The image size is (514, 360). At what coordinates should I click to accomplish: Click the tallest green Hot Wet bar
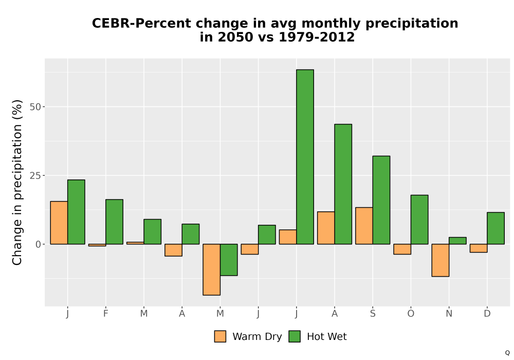pyautogui.click(x=305, y=157)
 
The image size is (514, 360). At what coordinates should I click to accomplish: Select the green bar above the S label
pyautogui.click(x=381, y=200)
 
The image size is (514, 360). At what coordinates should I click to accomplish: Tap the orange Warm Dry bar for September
pyautogui.click(x=364, y=226)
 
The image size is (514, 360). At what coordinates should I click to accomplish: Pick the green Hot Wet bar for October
pyautogui.click(x=419, y=220)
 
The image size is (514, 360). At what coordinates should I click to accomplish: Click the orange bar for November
pyautogui.click(x=440, y=260)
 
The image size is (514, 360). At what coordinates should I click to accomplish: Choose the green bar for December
pyautogui.click(x=495, y=228)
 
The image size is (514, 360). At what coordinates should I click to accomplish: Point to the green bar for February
pyautogui.click(x=115, y=222)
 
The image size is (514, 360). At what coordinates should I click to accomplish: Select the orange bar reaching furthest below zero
pyautogui.click(x=211, y=269)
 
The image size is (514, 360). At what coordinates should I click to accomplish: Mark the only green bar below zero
pyautogui.click(x=229, y=260)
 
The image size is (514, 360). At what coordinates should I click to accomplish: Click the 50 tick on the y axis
pyautogui.click(x=35, y=107)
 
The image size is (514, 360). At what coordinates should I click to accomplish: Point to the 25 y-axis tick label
pyautogui.click(x=35, y=176)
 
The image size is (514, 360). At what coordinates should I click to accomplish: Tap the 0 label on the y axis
pyautogui.click(x=39, y=244)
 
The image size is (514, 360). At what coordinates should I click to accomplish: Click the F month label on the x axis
pyautogui.click(x=105, y=314)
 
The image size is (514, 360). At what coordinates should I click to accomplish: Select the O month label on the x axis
pyautogui.click(x=411, y=314)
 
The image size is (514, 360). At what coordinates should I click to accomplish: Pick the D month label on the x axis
pyautogui.click(x=487, y=314)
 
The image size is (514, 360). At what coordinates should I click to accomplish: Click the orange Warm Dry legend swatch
pyautogui.click(x=220, y=336)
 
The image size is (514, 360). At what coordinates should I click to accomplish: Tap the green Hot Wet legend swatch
pyautogui.click(x=295, y=336)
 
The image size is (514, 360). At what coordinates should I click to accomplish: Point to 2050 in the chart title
pyautogui.click(x=235, y=37)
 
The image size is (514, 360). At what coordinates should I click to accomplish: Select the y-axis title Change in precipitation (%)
pyautogui.click(x=17, y=182)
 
